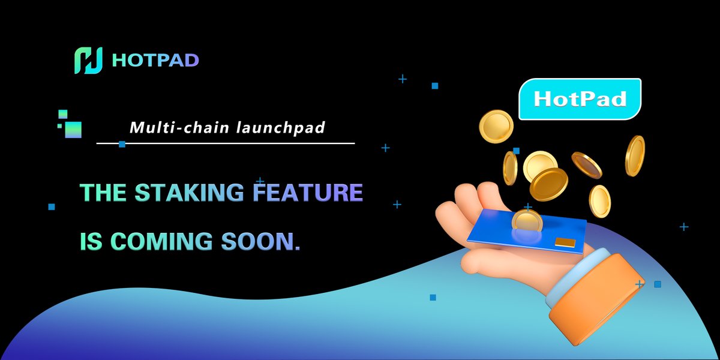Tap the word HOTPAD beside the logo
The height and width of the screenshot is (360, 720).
[155, 61]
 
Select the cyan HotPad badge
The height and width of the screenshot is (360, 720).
[580, 99]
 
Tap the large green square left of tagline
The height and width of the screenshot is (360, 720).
[73, 129]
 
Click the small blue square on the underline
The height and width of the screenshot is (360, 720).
[122, 144]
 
